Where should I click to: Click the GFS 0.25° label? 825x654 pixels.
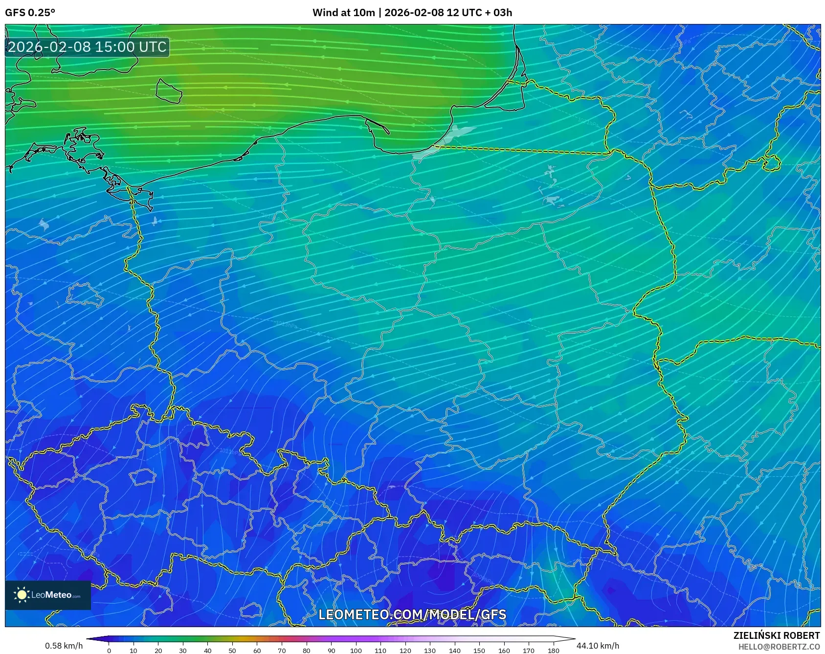pos(30,13)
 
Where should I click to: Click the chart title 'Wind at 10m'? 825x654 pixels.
pos(344,13)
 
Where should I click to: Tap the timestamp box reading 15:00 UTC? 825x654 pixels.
pos(87,47)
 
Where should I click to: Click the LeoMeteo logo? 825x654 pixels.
pos(48,595)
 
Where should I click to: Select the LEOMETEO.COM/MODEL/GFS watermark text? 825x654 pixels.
pos(412,614)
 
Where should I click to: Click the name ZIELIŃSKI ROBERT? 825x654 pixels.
pos(776,635)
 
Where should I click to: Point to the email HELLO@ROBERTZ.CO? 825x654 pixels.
pos(779,647)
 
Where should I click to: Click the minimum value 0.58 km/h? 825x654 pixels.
pos(64,646)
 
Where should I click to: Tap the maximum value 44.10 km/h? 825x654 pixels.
pos(598,646)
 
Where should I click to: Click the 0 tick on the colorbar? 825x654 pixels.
pos(109,651)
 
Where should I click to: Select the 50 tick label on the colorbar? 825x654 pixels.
pos(232,651)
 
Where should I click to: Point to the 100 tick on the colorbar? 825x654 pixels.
pos(356,651)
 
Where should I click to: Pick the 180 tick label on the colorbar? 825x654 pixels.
pos(553,651)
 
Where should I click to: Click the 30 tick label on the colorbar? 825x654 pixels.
pos(183,651)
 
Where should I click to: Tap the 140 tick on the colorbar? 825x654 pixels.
pos(454,651)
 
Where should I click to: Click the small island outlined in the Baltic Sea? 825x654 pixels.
pos(169,91)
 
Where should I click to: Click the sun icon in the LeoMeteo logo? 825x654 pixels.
pos(22,595)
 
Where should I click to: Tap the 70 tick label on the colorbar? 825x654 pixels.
pos(282,651)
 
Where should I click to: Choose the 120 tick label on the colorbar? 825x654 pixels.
pos(405,651)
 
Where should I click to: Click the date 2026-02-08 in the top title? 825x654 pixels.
pos(414,13)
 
